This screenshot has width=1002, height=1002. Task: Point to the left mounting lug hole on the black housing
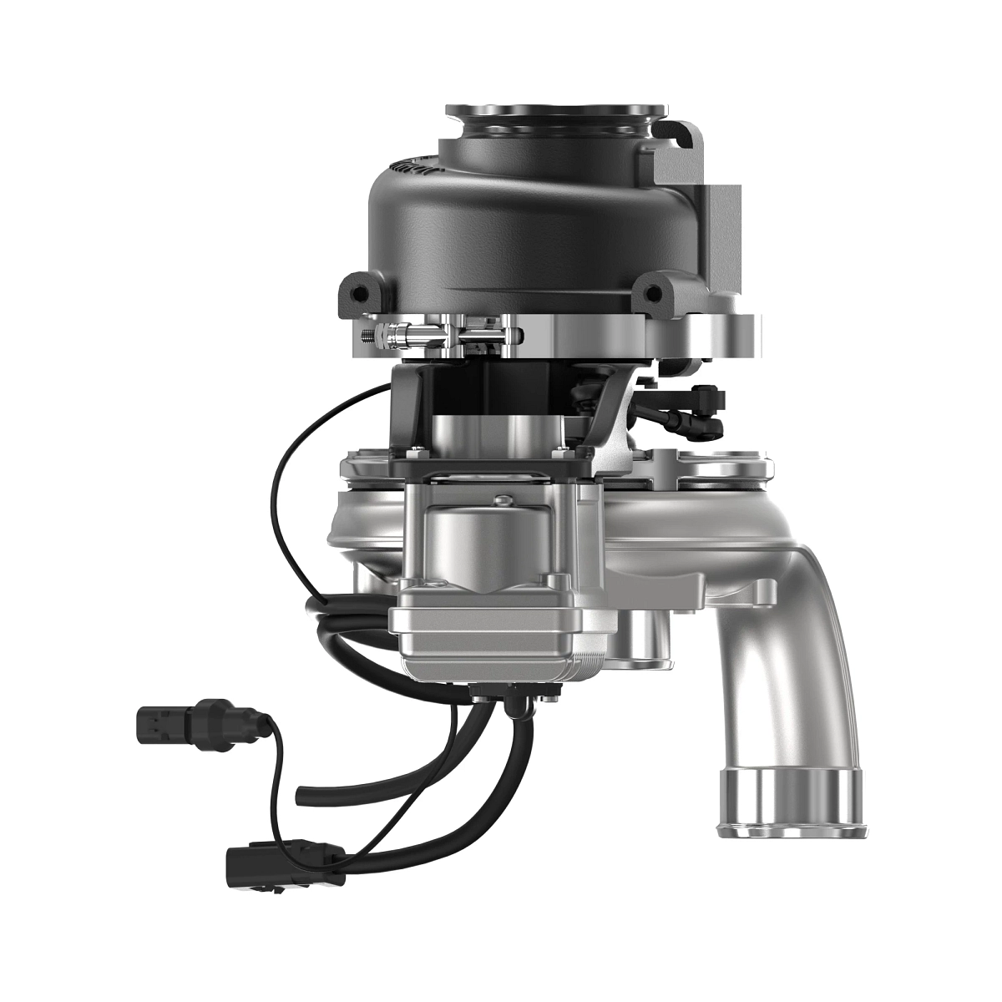360,294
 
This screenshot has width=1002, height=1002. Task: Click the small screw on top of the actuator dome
501,501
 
